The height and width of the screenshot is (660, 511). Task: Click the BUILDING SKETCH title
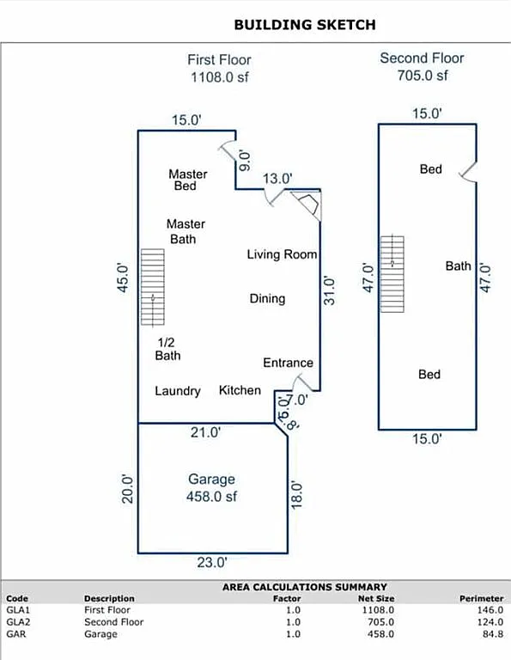[304, 25]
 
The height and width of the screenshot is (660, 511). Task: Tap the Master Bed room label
[187, 180]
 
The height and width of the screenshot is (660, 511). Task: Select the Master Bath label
[186, 231]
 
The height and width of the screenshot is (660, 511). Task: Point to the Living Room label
[282, 254]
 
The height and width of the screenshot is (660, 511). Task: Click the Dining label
[267, 299]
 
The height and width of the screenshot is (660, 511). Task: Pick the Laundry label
[178, 391]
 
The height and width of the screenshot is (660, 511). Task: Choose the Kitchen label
[240, 390]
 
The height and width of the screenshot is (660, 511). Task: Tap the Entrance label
[288, 363]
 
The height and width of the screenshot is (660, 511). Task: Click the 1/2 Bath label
[167, 348]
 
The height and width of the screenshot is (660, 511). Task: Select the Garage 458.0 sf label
[211, 488]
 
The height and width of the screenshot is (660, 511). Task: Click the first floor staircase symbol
[152, 287]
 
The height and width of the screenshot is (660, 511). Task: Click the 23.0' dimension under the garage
[212, 563]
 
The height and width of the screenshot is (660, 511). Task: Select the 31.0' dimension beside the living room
[330, 290]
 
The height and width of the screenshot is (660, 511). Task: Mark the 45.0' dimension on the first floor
[124, 278]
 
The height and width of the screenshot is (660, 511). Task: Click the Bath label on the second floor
[458, 266]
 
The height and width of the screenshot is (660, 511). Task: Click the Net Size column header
[377, 598]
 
